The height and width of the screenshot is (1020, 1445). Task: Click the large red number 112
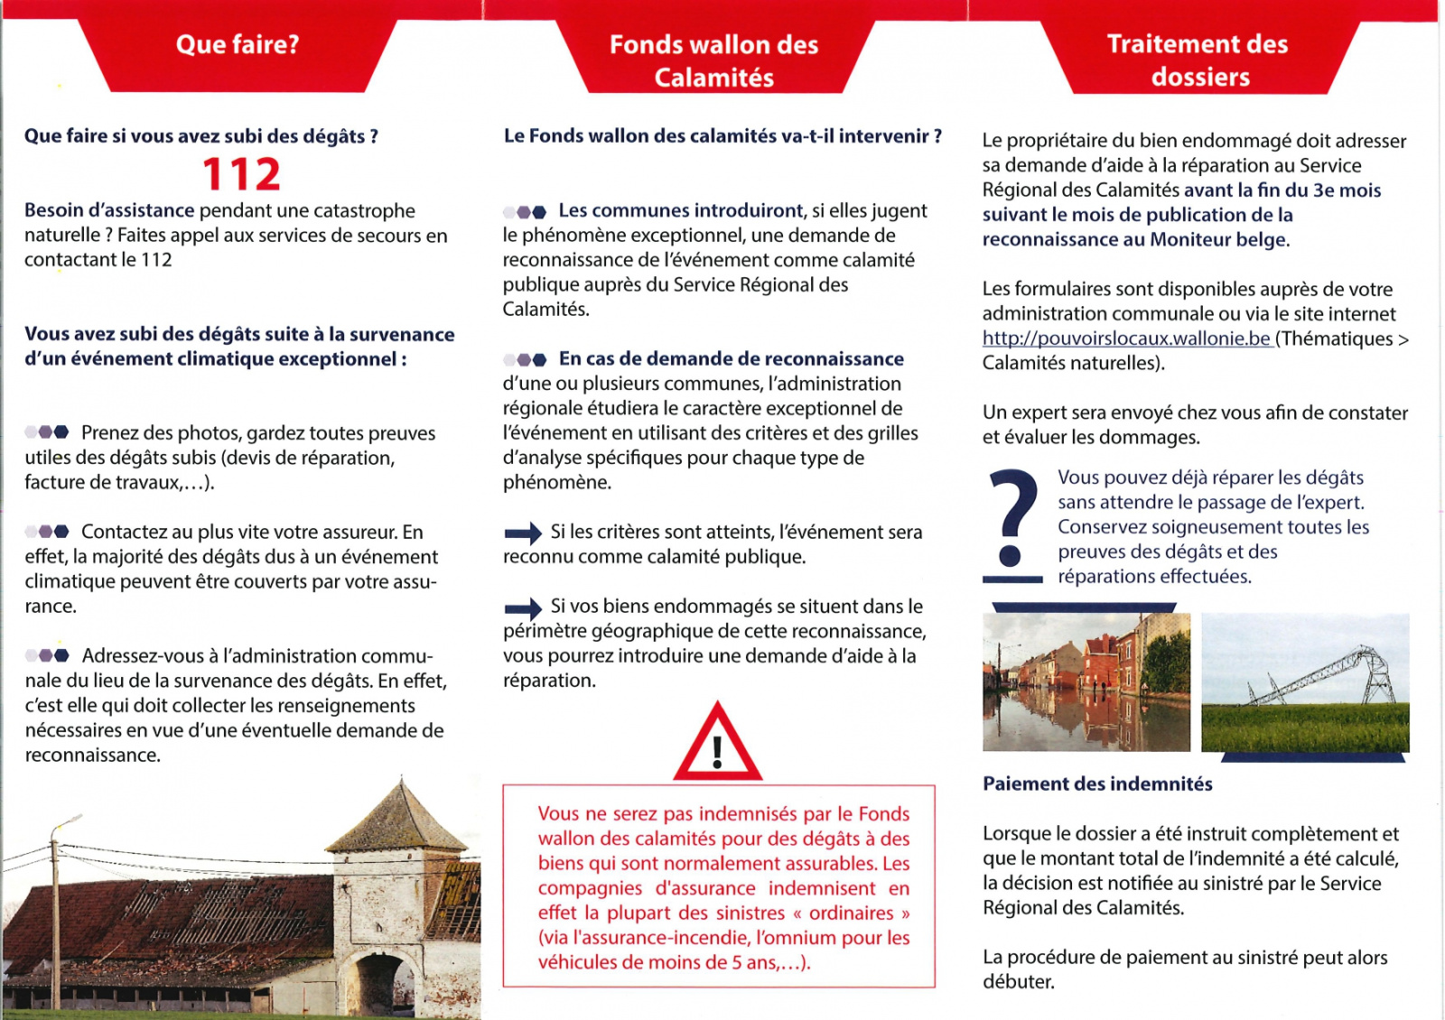pyautogui.click(x=241, y=174)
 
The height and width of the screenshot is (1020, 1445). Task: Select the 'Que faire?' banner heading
pyautogui.click(x=238, y=44)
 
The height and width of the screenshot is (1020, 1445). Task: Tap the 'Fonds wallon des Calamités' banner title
pyautogui.click(x=713, y=60)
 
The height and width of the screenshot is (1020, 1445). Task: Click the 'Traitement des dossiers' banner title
pyautogui.click(x=1198, y=60)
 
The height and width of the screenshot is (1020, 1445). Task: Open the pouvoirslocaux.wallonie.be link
pyautogui.click(x=1126, y=339)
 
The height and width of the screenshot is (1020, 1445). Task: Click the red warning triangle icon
pyautogui.click(x=717, y=745)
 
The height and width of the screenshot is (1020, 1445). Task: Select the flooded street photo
pyautogui.click(x=1086, y=682)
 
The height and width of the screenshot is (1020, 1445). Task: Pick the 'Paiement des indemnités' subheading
pyautogui.click(x=1097, y=784)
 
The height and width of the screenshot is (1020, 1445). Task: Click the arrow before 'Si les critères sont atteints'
pyautogui.click(x=522, y=533)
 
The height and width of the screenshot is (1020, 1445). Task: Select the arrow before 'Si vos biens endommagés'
pyautogui.click(x=522, y=607)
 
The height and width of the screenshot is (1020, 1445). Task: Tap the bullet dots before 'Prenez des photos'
pyautogui.click(x=47, y=432)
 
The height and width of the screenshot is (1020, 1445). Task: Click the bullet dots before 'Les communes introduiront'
pyautogui.click(x=525, y=212)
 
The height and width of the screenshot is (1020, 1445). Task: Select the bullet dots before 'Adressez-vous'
pyautogui.click(x=47, y=655)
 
